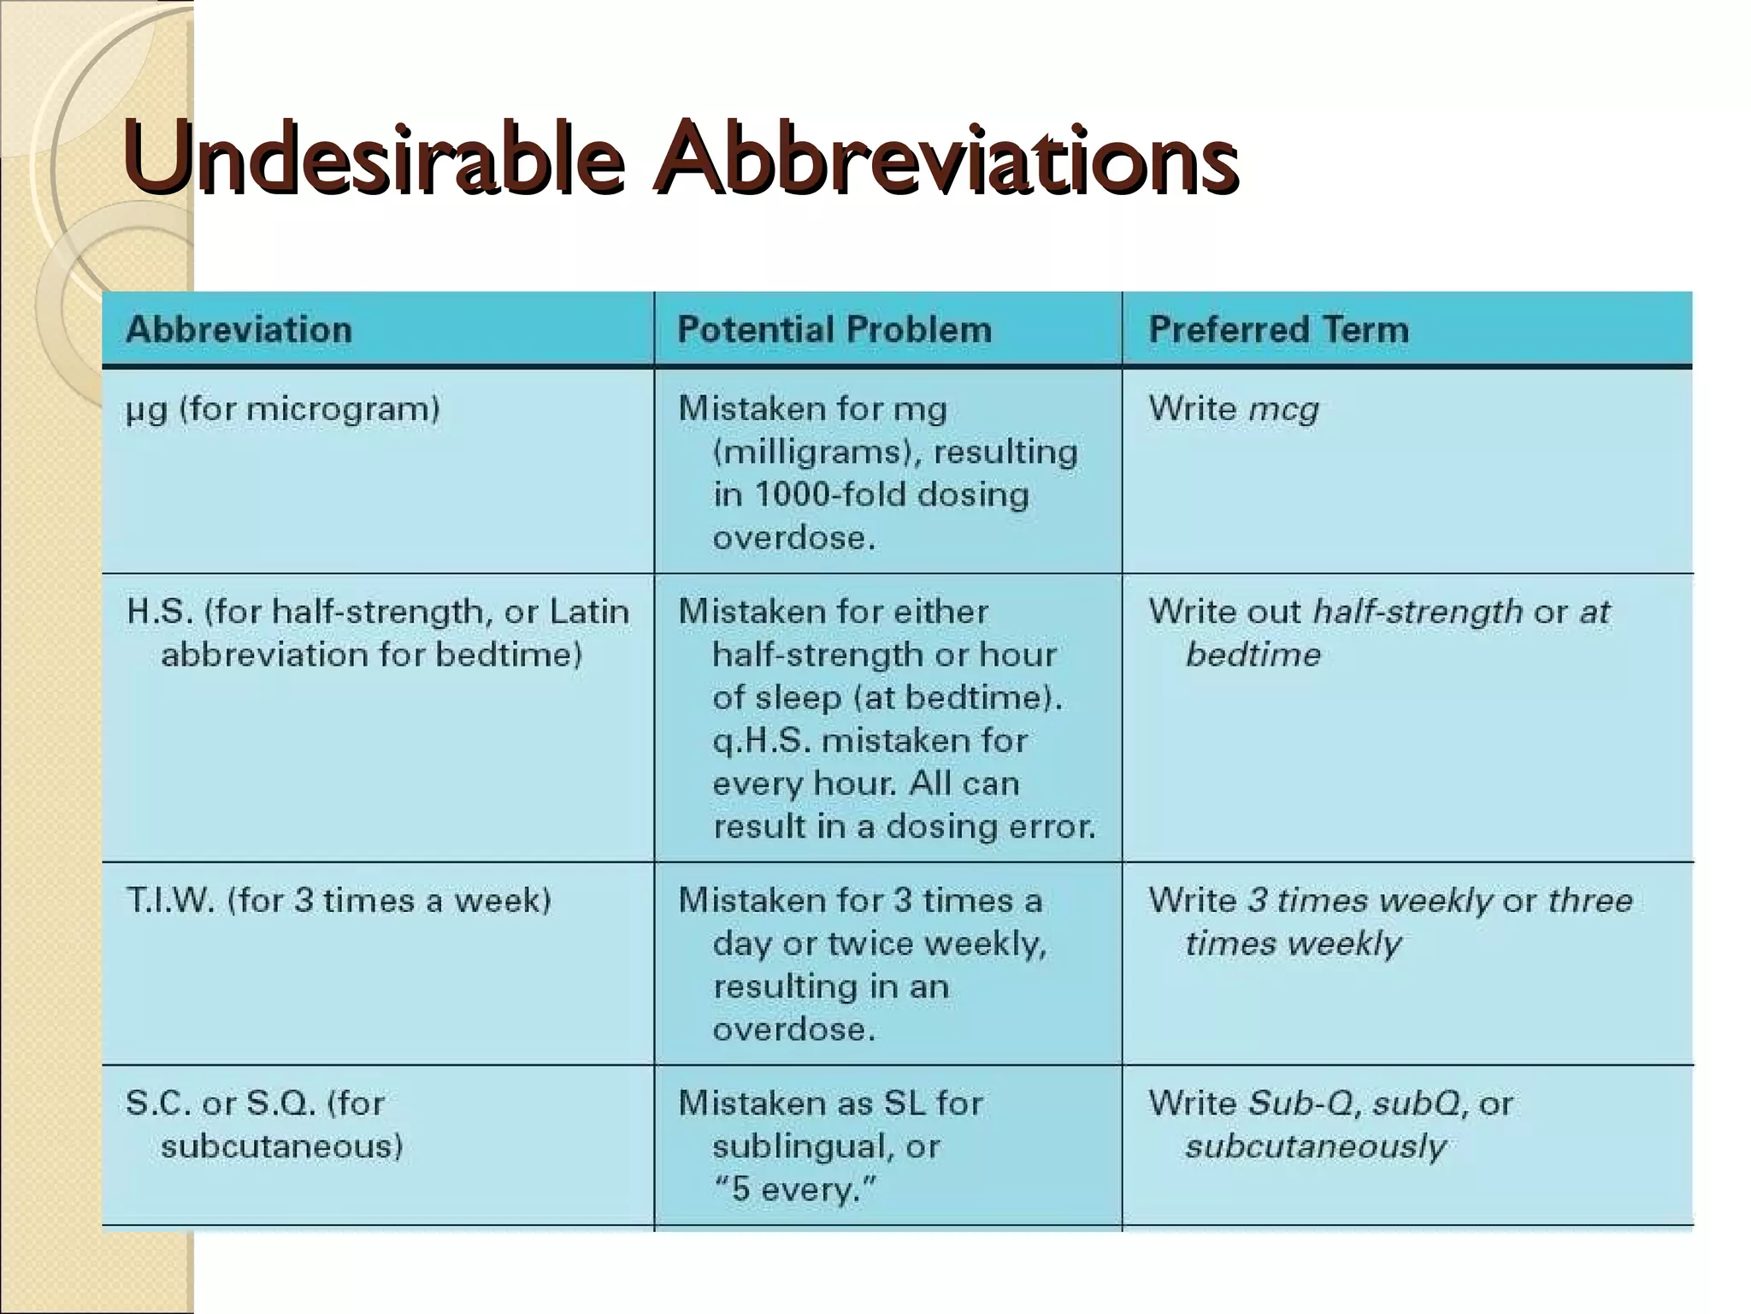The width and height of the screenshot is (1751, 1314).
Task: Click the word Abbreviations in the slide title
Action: tap(945, 158)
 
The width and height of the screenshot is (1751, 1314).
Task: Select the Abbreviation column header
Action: tap(239, 330)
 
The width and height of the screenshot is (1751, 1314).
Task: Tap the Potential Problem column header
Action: tap(834, 330)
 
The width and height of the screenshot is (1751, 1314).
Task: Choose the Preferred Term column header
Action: tap(1278, 330)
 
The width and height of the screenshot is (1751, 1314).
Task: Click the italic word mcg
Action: tap(1283, 410)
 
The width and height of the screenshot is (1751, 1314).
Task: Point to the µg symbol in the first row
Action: tap(146, 410)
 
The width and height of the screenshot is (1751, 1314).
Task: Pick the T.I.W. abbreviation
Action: tap(169, 900)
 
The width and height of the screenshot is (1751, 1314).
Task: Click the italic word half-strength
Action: tap(1418, 612)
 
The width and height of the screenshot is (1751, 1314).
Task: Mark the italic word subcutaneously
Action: tap(1315, 1146)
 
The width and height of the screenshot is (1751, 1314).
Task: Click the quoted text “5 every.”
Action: tap(795, 1189)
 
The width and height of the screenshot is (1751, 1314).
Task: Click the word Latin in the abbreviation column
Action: tap(589, 612)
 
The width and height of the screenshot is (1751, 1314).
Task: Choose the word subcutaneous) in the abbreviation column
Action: tap(281, 1146)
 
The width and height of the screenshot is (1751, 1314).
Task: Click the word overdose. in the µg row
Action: tap(793, 538)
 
